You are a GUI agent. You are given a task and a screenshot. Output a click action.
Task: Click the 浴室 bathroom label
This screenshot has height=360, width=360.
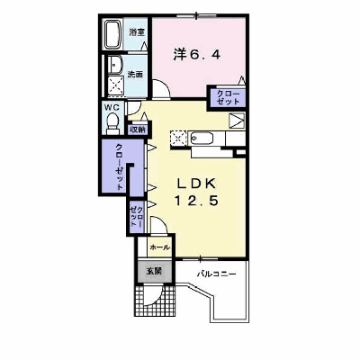click(137, 32)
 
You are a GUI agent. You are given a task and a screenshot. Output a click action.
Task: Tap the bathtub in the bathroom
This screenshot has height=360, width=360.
click(112, 34)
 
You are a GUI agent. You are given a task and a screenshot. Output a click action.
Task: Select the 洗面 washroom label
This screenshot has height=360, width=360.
click(135, 74)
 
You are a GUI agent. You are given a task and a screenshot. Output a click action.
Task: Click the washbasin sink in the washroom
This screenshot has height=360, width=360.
click(115, 64)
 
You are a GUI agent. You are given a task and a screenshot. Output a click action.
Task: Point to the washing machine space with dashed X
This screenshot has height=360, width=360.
click(115, 85)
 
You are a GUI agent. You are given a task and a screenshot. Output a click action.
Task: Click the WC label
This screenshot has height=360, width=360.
click(112, 107)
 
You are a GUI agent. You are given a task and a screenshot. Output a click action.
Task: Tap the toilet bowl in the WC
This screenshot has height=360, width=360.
click(113, 123)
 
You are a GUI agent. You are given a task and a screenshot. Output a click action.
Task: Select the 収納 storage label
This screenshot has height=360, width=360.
click(138, 130)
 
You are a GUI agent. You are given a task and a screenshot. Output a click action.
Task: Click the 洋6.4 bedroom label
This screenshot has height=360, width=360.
click(197, 55)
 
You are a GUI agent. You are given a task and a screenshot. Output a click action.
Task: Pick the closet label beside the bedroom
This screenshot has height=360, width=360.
click(228, 97)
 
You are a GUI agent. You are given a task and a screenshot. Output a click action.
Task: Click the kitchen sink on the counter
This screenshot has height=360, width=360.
click(202, 139)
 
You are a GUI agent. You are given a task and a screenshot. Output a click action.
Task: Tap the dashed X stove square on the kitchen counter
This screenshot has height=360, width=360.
click(178, 139)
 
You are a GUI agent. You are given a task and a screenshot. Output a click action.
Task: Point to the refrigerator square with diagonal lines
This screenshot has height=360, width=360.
click(237, 121)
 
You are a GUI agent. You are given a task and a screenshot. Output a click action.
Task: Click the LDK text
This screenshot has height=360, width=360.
click(196, 183)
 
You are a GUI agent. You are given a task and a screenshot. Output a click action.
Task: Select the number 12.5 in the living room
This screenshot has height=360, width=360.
click(196, 201)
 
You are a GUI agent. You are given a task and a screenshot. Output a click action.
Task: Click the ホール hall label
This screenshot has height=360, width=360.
click(159, 247)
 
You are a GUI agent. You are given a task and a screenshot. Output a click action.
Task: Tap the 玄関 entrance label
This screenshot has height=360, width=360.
click(154, 271)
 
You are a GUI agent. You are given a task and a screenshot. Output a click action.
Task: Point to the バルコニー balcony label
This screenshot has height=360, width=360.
click(216, 274)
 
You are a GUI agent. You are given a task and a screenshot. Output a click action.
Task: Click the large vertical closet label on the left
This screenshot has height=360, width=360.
click(120, 166)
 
